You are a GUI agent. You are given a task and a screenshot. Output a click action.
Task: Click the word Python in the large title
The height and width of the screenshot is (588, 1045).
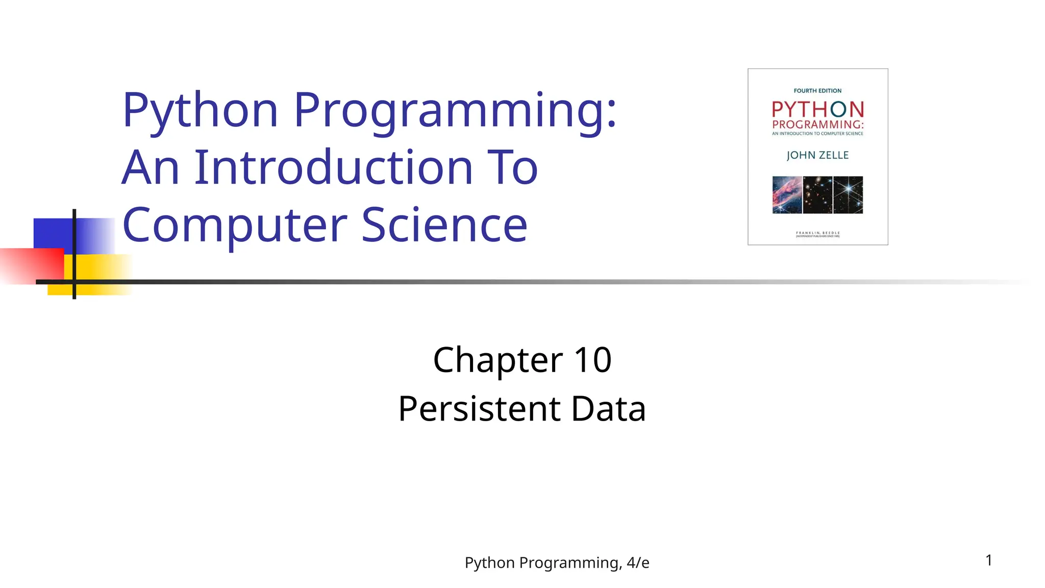[200, 110]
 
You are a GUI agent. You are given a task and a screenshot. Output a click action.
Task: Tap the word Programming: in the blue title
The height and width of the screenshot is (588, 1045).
[455, 110]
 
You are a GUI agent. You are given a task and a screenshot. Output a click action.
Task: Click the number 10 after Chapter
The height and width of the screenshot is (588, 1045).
[592, 360]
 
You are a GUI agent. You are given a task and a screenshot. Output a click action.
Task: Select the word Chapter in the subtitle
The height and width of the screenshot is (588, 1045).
[497, 360]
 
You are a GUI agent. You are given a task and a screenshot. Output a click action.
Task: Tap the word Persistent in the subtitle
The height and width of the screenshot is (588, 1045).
[479, 409]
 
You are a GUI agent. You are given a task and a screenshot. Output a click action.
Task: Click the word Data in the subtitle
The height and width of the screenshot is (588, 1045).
[608, 409]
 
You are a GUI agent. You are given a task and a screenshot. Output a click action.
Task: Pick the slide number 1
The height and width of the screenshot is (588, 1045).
[989, 560]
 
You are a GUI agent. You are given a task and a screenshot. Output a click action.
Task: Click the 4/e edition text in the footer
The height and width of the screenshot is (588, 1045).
[638, 562]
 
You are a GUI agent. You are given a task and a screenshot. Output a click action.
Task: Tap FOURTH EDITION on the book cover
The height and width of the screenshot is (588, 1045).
[817, 91]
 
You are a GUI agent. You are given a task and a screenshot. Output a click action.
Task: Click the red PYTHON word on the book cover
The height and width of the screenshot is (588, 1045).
[817, 109]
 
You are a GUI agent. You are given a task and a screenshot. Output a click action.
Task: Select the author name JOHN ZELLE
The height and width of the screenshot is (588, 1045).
[817, 155]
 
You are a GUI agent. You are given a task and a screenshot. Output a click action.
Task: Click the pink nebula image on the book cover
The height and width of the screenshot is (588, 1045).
[787, 194]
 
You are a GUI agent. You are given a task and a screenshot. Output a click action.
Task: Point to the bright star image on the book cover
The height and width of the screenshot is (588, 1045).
[848, 194]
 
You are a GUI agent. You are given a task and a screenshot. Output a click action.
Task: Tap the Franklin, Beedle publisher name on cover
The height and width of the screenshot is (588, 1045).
[817, 233]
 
